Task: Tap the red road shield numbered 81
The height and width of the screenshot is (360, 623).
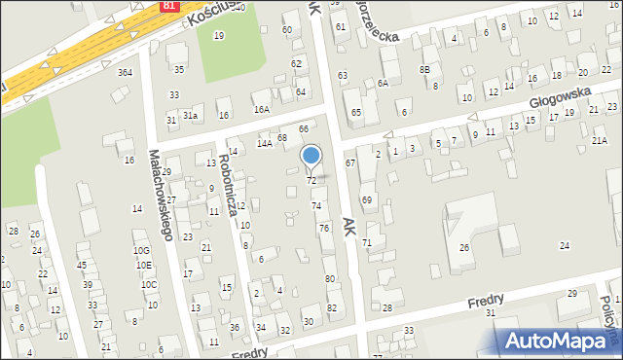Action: [x=170, y=6]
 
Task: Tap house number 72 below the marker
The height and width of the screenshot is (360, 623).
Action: [x=311, y=181]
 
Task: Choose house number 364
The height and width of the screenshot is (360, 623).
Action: [x=125, y=72]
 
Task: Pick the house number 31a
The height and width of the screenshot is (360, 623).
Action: [x=192, y=116]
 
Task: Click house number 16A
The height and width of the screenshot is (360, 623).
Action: [x=261, y=109]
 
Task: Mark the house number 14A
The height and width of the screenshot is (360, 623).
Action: [x=264, y=143]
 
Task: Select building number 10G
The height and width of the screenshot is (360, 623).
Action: [x=142, y=250]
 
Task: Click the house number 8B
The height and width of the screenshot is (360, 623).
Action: [x=424, y=69]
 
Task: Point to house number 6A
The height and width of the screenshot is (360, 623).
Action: [x=384, y=84]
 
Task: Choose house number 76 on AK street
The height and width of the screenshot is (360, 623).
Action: [x=324, y=228]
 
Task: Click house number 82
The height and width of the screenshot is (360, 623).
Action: [x=332, y=307]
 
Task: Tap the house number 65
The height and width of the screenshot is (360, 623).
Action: [x=356, y=113]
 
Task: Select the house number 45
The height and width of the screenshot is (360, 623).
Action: [x=82, y=265]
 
